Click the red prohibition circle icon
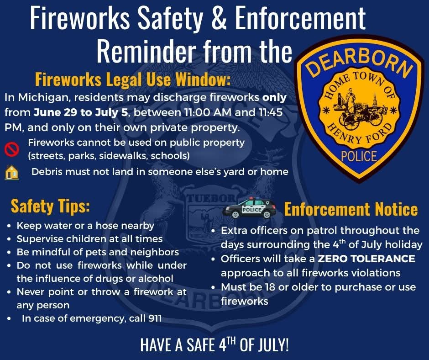point(11,148)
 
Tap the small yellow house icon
point(11,173)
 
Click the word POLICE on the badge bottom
point(359,156)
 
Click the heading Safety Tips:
point(50,206)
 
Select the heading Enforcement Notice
point(351,209)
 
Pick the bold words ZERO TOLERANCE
point(366,259)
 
